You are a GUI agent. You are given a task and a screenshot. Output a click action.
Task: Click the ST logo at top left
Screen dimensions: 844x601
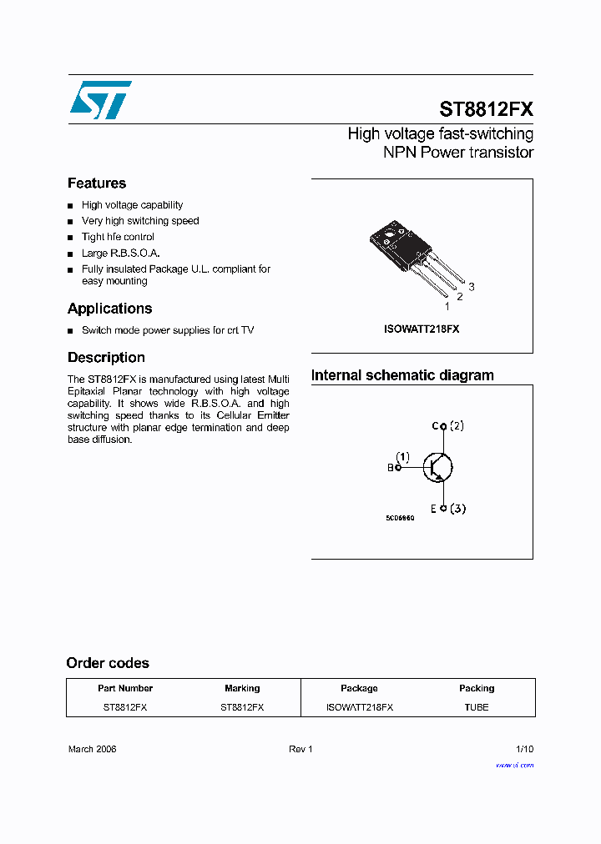point(99,100)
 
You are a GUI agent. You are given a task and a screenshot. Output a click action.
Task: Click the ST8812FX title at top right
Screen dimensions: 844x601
point(486,109)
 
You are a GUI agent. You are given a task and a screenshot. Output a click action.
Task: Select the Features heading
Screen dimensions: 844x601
point(97,183)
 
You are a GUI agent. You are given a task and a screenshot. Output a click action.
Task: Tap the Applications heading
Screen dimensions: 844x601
point(109,309)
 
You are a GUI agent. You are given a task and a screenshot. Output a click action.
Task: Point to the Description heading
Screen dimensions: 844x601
point(106,358)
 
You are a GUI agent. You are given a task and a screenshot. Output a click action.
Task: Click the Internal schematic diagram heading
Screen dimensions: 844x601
point(402,375)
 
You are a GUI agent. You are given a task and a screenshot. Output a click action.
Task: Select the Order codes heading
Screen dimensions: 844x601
point(108,663)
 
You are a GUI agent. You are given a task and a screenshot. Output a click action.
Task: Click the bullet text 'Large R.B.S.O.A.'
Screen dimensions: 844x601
point(120,254)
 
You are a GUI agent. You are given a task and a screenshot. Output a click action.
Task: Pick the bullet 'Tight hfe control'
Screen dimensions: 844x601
point(118,237)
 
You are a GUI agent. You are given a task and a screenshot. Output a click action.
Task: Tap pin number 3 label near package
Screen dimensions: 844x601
point(472,287)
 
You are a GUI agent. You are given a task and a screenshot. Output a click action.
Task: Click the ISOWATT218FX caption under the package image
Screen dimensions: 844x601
point(422,329)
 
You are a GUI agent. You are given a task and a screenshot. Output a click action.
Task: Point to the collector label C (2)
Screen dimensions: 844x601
point(448,426)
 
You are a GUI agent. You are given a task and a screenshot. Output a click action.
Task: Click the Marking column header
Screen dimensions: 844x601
point(242,689)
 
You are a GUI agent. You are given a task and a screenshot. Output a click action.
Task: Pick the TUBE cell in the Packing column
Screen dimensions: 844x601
point(477,707)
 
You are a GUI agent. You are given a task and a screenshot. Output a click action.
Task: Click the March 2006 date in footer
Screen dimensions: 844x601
point(92,749)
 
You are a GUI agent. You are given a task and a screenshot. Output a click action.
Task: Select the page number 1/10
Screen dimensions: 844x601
point(524,749)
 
